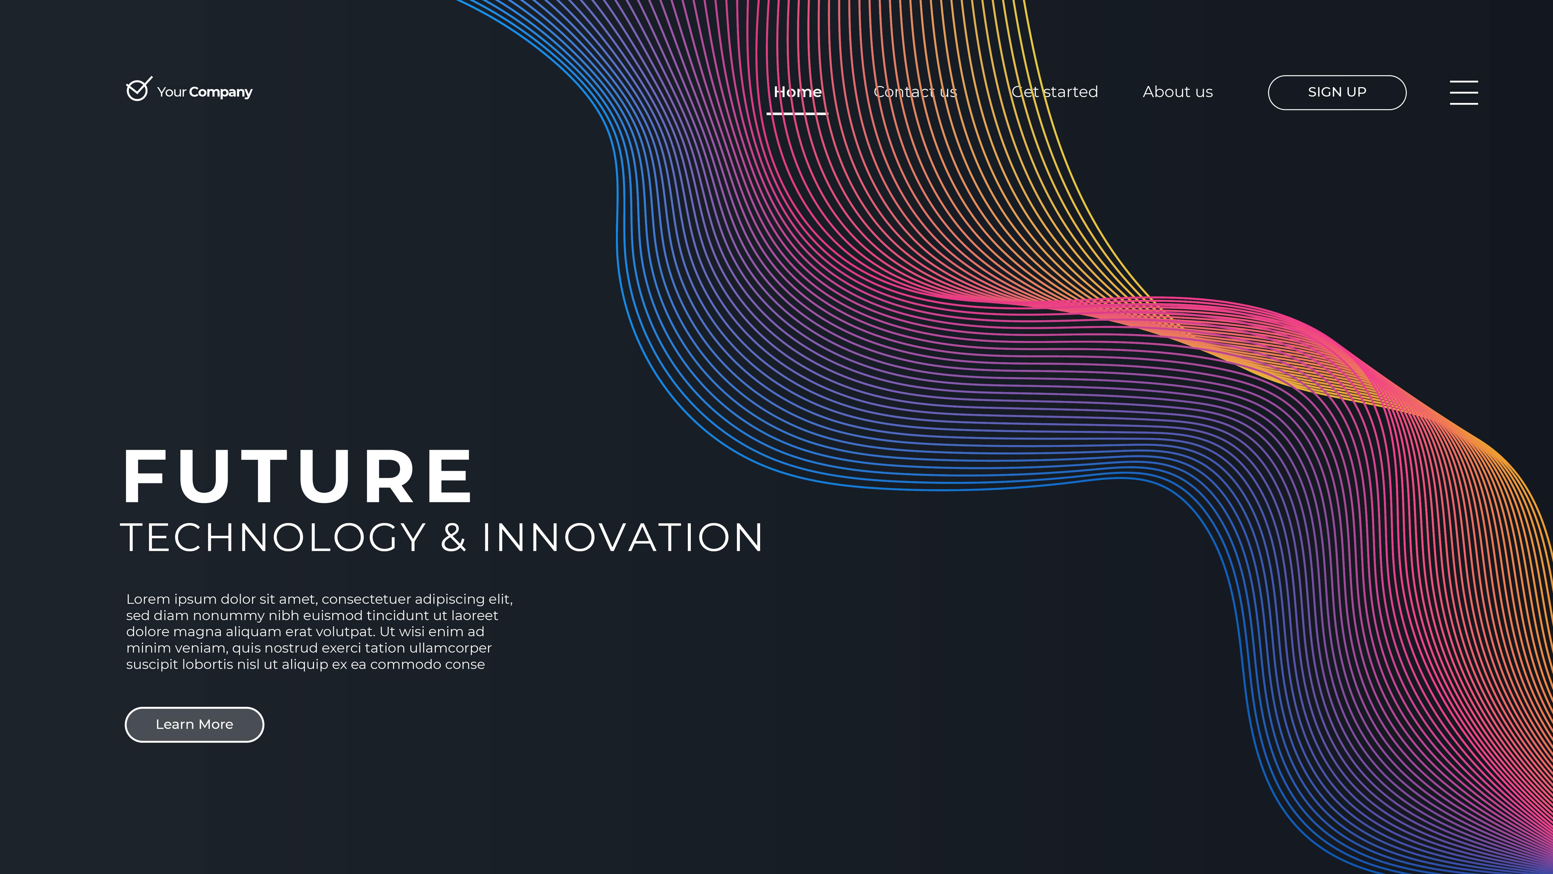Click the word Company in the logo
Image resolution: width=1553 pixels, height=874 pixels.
pos(221,92)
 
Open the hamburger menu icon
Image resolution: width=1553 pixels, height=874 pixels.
pos(1464,92)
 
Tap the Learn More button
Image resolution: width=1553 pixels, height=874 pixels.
pos(194,724)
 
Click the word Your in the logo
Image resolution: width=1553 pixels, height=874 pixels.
pos(172,92)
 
